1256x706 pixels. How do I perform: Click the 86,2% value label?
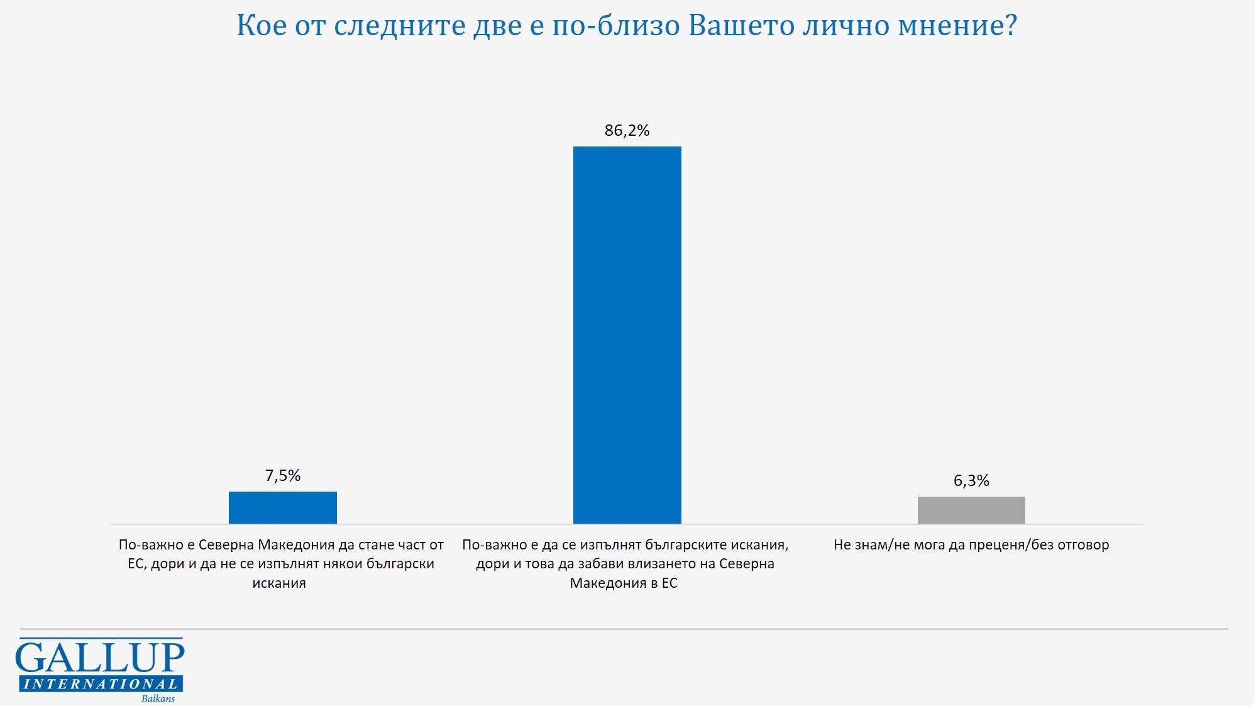click(627, 130)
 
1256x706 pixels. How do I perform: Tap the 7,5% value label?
click(282, 475)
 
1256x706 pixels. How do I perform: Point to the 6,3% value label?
click(971, 481)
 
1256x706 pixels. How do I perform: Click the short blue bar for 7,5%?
click(282, 507)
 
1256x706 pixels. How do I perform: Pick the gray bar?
click(971, 510)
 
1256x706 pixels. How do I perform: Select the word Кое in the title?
click(262, 26)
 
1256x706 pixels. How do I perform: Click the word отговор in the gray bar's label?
click(1083, 545)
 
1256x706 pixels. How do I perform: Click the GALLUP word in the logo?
click(100, 658)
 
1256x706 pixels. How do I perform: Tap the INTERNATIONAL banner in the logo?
click(101, 684)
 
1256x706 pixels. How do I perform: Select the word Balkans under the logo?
click(158, 698)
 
